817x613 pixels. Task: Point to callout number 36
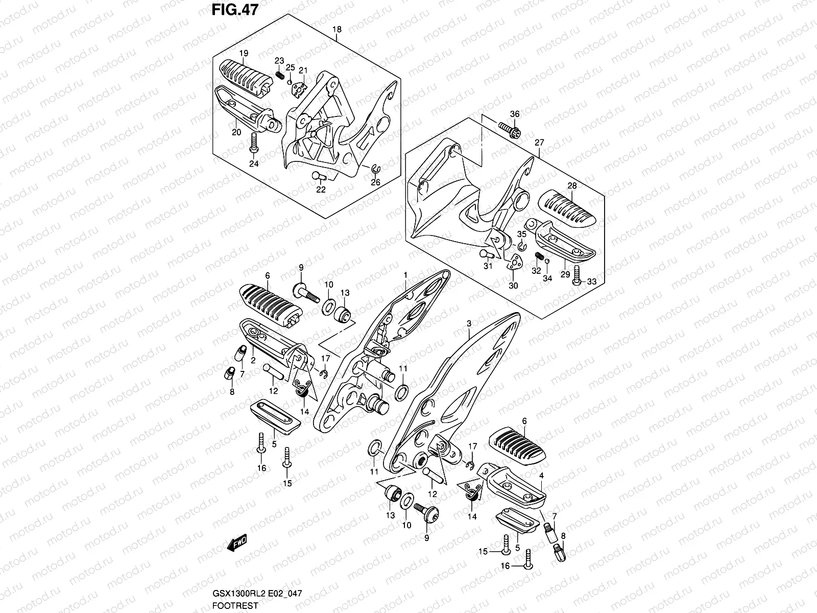(x=514, y=114)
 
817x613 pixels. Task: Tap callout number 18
(x=337, y=29)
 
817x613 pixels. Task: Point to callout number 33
(x=591, y=281)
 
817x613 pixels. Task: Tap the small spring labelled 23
(x=279, y=76)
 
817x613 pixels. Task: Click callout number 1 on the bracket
(x=405, y=275)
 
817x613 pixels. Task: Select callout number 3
(x=469, y=323)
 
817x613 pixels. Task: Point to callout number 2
(x=253, y=360)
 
